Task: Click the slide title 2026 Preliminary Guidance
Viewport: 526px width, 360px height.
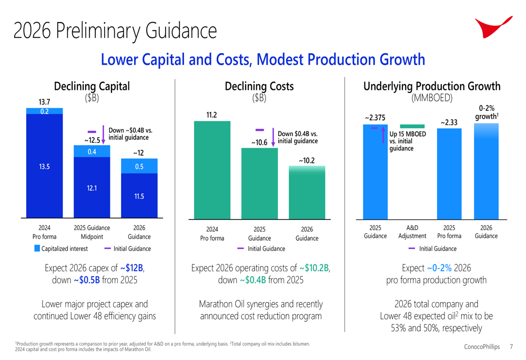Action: pyautogui.click(x=115, y=30)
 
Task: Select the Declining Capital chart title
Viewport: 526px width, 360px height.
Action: pyautogui.click(x=92, y=86)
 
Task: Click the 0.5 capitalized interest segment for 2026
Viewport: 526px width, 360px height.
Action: pyautogui.click(x=139, y=166)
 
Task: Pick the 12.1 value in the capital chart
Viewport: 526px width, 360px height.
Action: pyautogui.click(x=92, y=187)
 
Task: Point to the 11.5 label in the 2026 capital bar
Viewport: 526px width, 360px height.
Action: pyautogui.click(x=139, y=196)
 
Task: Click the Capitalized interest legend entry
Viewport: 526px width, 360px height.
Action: pyautogui.click(x=62, y=249)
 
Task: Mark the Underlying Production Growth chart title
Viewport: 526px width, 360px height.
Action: pyautogui.click(x=432, y=86)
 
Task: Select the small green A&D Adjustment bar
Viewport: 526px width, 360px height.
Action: pyautogui.click(x=412, y=126)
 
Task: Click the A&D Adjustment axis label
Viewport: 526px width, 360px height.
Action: pyautogui.click(x=412, y=232)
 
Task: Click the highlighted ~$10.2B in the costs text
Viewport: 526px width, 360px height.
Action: pyautogui.click(x=314, y=268)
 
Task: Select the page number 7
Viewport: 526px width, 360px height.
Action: pyautogui.click(x=512, y=347)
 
